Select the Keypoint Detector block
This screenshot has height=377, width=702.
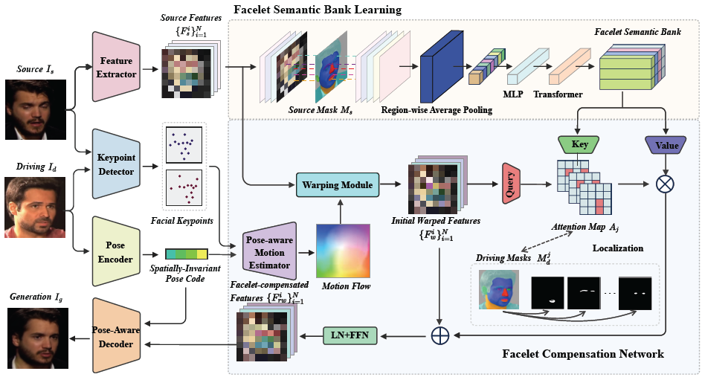click(x=117, y=164)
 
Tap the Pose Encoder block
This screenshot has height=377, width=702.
click(x=117, y=251)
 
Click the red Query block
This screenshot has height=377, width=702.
click(x=510, y=183)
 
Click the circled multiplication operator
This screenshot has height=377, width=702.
click(x=663, y=184)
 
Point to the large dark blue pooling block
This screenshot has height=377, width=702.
click(x=442, y=68)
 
